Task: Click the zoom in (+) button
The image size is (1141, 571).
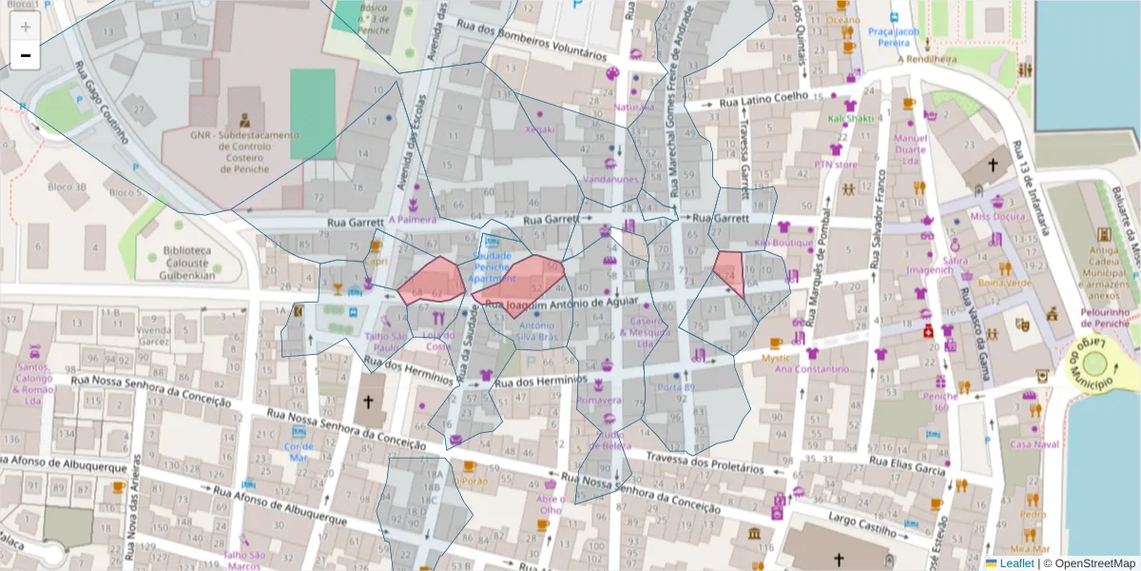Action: [x=25, y=27]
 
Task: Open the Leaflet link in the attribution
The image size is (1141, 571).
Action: [x=1016, y=562]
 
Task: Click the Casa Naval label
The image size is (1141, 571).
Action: [x=1034, y=444]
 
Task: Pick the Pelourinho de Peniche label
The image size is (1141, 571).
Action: [x=1104, y=318]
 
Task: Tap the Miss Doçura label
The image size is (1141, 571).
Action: [x=996, y=216]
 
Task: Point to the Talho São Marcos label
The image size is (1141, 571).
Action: [x=243, y=561]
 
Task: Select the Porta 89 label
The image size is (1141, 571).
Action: [x=676, y=387]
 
